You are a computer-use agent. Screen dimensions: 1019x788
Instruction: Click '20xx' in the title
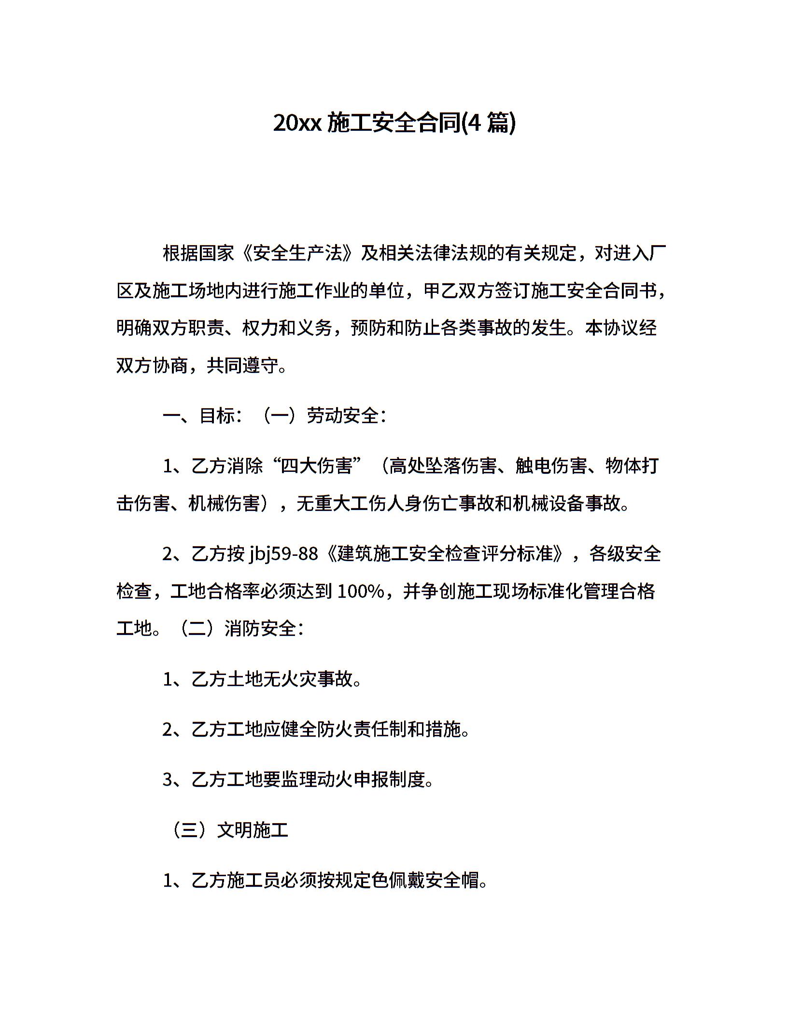[297, 124]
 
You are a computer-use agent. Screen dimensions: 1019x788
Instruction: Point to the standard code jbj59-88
[283, 554]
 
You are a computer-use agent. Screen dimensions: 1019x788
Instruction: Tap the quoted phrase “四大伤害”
[318, 466]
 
